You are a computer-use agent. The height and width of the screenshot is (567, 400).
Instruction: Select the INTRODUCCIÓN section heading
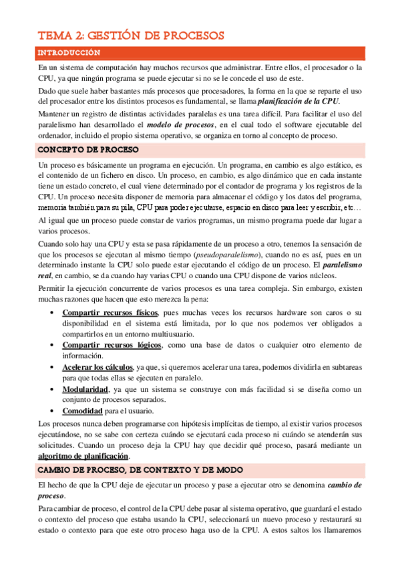click(x=69, y=53)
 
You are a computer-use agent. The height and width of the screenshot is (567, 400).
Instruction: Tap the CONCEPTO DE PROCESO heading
click(x=87, y=150)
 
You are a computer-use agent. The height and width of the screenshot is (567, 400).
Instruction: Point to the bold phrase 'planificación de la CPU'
click(x=298, y=101)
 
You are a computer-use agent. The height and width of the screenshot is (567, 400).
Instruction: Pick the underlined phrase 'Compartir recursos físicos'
click(x=110, y=294)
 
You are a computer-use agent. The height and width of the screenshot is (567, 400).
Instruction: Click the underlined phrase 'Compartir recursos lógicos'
click(x=112, y=344)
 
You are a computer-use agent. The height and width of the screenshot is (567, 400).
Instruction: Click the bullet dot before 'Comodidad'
click(x=53, y=411)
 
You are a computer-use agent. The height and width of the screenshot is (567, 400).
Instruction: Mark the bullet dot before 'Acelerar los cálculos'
click(x=53, y=368)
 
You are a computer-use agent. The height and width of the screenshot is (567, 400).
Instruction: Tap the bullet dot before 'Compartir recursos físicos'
click(x=53, y=295)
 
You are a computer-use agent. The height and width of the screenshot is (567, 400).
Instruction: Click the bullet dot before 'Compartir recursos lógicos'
click(x=53, y=345)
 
